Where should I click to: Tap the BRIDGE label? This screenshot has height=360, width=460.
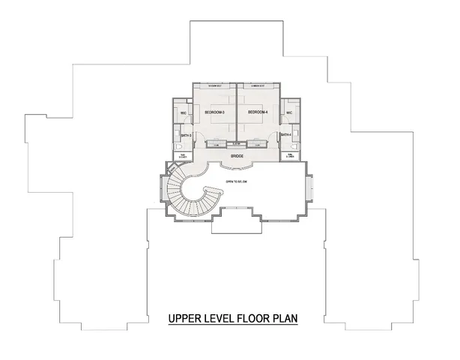(237, 156)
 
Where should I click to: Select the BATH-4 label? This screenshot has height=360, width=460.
(286, 135)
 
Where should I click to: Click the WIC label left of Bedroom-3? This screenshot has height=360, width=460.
(184, 114)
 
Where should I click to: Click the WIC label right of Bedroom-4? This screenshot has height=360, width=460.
(288, 114)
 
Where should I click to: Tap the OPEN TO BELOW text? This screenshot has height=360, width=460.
(236, 181)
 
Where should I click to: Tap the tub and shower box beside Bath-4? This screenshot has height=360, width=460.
(289, 155)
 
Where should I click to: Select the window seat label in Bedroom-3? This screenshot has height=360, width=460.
(215, 86)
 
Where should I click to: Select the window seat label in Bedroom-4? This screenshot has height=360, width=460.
(257, 86)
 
